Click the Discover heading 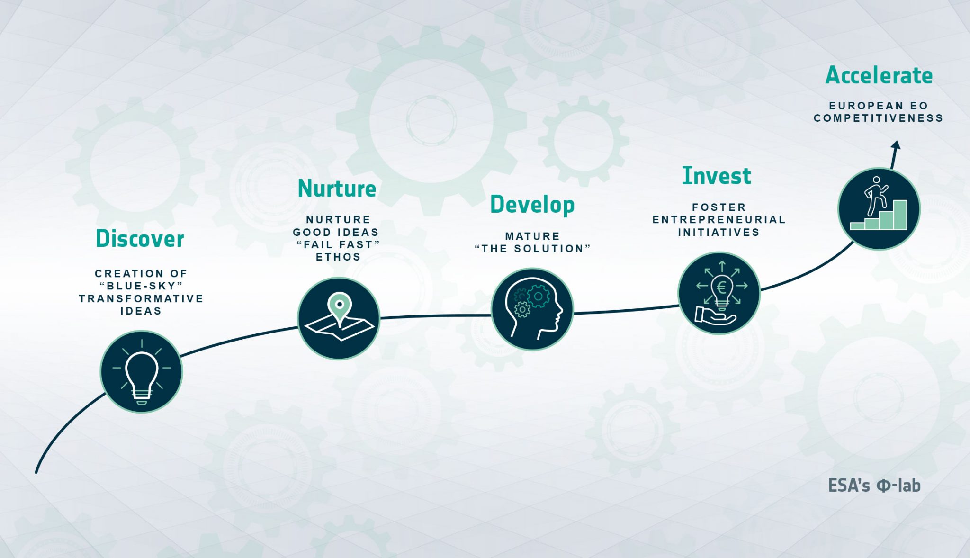tap(140, 239)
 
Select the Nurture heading tap(337, 189)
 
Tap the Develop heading tap(532, 205)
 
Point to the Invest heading tap(717, 176)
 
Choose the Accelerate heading tap(879, 75)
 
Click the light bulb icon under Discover tap(141, 372)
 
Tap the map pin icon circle tap(339, 318)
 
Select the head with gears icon tap(532, 309)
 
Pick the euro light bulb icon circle tap(719, 293)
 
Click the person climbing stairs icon tap(879, 209)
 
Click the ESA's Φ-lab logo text tap(874, 486)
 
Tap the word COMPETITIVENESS tap(879, 118)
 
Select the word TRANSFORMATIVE tap(141, 299)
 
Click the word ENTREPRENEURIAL tap(719, 220)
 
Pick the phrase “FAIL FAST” tap(338, 245)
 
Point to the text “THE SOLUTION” tap(532, 249)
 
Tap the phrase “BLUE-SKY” tap(141, 286)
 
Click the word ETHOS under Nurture tap(338, 257)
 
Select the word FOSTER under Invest tap(719, 207)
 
